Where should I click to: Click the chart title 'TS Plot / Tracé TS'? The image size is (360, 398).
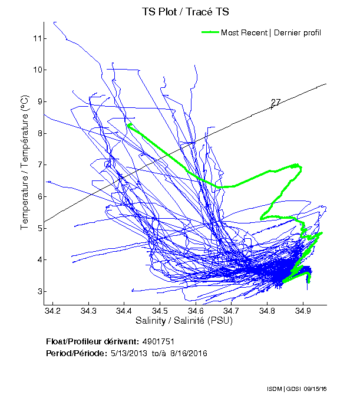(x=185, y=11)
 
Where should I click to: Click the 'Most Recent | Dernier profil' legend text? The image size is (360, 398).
(x=271, y=32)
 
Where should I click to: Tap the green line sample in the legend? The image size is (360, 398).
(x=210, y=32)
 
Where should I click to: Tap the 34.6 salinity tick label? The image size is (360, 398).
(x=196, y=311)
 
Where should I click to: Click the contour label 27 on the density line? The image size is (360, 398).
(x=275, y=103)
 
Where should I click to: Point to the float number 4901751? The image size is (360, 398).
(x=158, y=342)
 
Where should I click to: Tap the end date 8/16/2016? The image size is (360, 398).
(x=188, y=353)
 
